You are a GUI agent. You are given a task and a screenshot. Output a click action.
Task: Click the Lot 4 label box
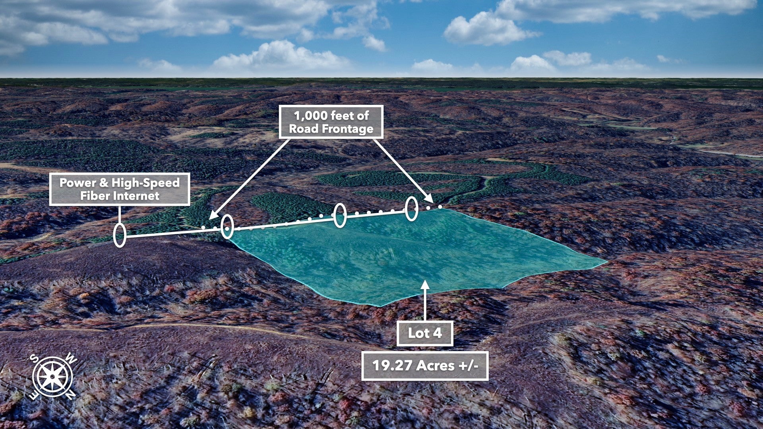425,333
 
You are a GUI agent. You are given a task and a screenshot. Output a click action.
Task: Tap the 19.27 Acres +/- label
425,365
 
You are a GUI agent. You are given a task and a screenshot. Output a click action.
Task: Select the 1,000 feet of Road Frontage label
331,122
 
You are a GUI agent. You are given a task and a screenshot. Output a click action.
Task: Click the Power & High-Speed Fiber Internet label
120,189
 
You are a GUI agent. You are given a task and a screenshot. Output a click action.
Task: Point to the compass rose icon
52,376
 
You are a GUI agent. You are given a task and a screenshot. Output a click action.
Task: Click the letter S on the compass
35,359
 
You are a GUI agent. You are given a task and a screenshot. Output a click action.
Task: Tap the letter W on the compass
71,359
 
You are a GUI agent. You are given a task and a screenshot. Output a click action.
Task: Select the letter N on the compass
70,394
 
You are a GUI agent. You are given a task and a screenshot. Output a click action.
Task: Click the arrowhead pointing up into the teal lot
425,284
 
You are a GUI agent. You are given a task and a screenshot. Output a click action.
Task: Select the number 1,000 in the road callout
310,116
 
